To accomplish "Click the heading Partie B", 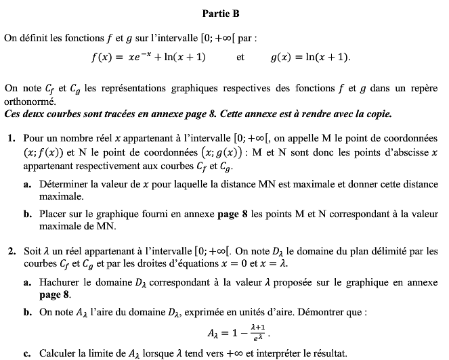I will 221,14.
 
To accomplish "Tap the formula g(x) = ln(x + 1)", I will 311,58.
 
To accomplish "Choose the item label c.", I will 26,353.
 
